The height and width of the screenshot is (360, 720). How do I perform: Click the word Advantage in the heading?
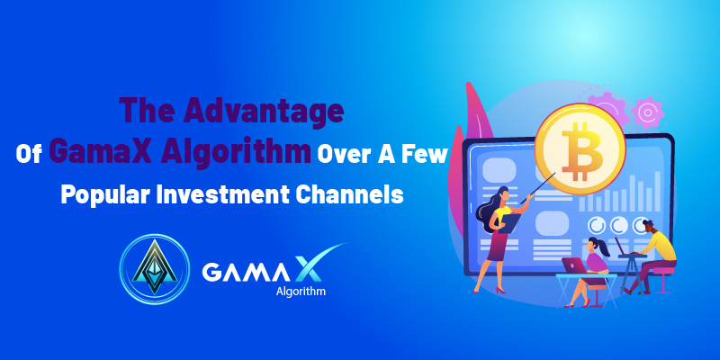264,112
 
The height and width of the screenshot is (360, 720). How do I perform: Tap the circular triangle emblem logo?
155,268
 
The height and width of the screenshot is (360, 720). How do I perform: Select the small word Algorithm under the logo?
301,291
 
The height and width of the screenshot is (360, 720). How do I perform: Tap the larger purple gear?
608,109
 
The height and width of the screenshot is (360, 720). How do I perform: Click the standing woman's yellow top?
504,215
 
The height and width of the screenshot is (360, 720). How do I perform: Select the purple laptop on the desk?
575,265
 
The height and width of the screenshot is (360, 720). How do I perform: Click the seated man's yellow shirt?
661,246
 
